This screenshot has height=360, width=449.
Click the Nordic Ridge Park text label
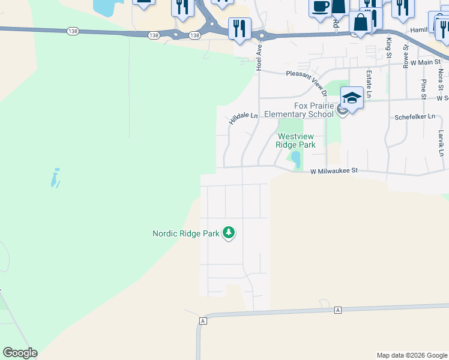click(x=186, y=233)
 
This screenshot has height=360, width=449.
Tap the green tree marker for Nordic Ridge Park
click(x=229, y=232)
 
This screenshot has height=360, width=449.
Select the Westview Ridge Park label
click(x=295, y=140)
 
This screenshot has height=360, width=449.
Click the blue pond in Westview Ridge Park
click(x=296, y=160)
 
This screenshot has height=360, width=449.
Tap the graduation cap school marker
click(x=352, y=98)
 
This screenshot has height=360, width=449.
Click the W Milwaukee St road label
click(x=333, y=171)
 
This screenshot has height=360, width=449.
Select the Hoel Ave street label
click(x=259, y=58)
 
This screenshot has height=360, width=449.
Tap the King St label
click(x=389, y=47)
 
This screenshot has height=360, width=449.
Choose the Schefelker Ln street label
click(x=414, y=118)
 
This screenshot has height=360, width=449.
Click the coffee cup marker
click(x=320, y=7)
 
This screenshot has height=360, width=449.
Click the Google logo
click(x=20, y=353)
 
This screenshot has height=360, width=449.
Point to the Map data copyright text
click(x=412, y=355)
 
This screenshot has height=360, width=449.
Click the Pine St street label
click(x=424, y=89)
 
